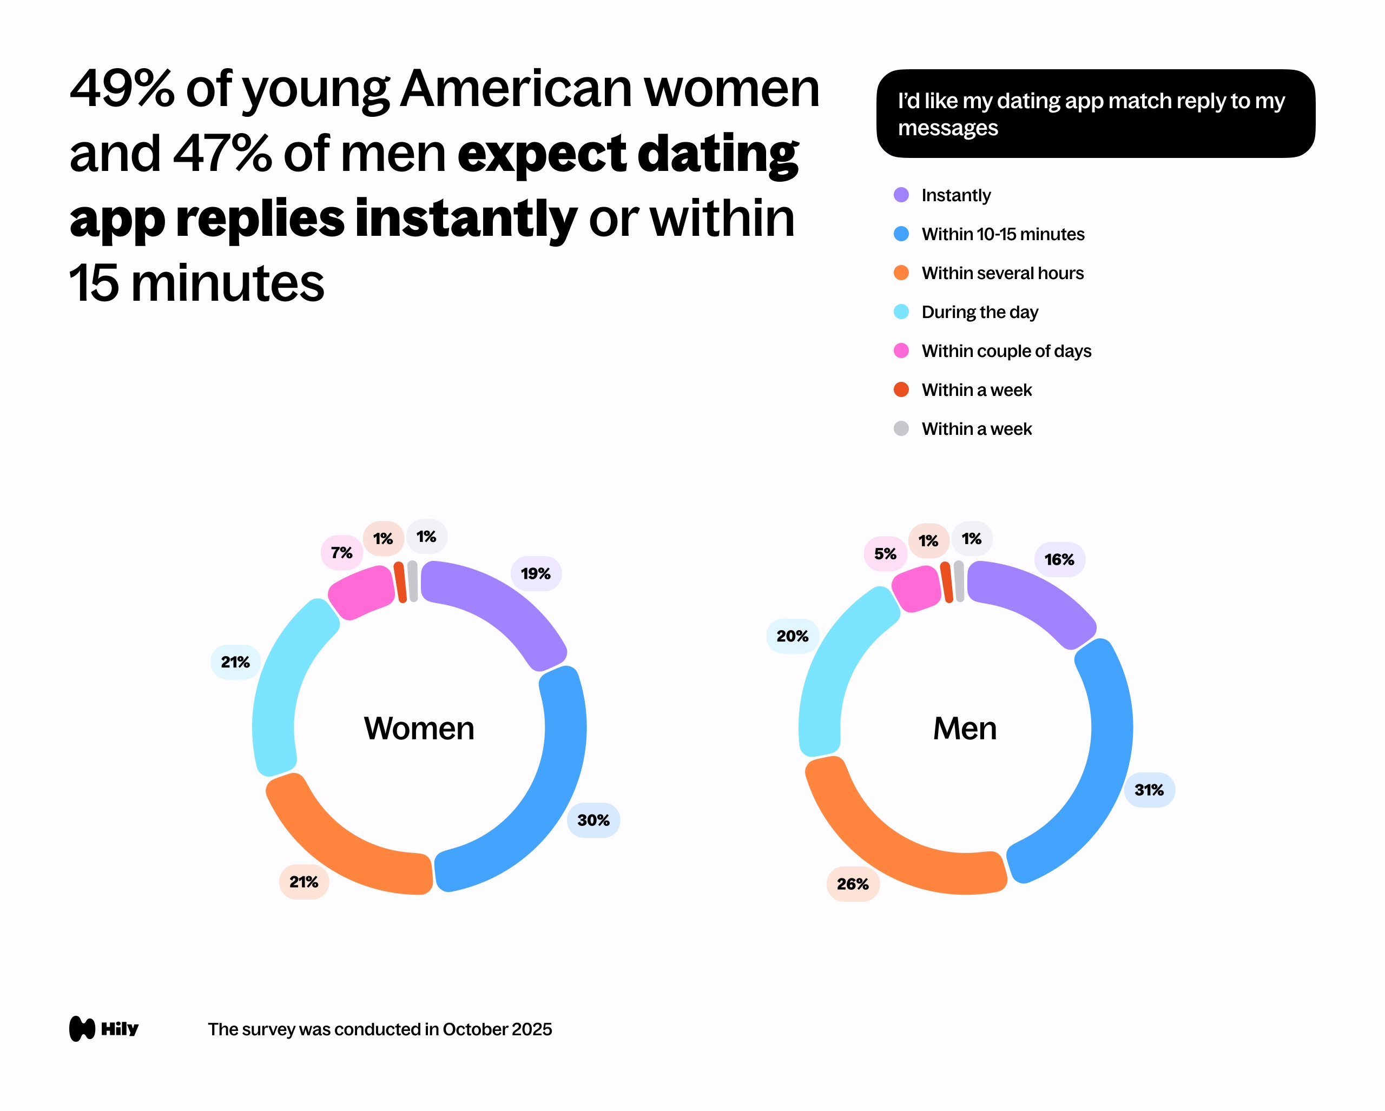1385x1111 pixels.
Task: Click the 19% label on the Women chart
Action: (x=535, y=573)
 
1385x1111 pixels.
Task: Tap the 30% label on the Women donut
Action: (x=593, y=820)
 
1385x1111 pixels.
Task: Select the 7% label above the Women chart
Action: (x=341, y=552)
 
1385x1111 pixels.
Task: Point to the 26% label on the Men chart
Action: (x=853, y=884)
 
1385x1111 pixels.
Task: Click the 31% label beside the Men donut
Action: (x=1149, y=790)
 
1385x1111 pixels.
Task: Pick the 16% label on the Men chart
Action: (x=1059, y=559)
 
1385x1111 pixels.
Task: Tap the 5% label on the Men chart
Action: (x=885, y=553)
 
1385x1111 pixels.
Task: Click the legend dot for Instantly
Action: (x=901, y=195)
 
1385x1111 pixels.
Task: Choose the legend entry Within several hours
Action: (x=1001, y=273)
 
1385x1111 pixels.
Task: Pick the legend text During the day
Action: (x=979, y=312)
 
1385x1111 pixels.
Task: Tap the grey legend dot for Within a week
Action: (x=901, y=428)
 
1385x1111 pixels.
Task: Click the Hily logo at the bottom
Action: (x=103, y=1029)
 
